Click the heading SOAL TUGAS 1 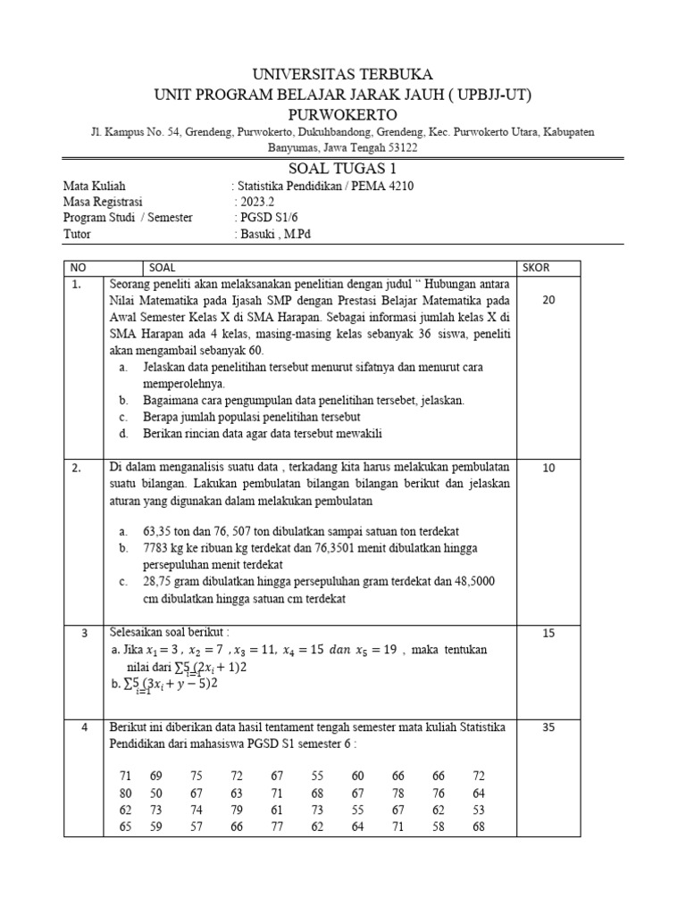[x=343, y=169]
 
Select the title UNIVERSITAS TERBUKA [x=343, y=73]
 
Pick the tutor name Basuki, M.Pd [x=274, y=234]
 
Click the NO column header [x=79, y=268]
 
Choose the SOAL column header [x=163, y=268]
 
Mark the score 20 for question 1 [x=548, y=301]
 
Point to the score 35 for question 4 [x=548, y=727]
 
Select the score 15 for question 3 [x=548, y=633]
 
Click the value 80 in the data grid [x=125, y=794]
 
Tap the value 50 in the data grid [x=156, y=794]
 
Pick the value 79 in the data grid [x=237, y=810]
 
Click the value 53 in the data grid [x=479, y=810]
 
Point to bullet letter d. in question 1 [x=122, y=434]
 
